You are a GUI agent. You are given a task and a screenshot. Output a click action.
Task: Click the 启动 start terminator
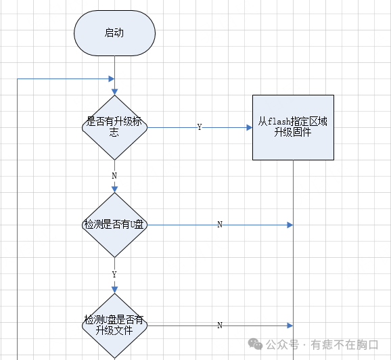[114, 32]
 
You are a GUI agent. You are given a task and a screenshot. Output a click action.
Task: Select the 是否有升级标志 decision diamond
[114, 127]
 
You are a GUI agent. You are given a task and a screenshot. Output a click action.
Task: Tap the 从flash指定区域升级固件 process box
[293, 127]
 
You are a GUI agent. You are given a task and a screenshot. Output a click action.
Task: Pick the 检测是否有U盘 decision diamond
[114, 225]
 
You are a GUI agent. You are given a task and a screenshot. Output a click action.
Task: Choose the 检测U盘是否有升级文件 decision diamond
[114, 325]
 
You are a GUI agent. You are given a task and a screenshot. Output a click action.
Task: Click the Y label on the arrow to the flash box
[199, 127]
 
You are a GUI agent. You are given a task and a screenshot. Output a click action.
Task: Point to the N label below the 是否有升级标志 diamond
[114, 175]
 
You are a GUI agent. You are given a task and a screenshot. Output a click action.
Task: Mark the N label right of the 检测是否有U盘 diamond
[219, 225]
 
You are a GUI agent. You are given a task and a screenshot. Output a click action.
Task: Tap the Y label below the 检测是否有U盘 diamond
[114, 275]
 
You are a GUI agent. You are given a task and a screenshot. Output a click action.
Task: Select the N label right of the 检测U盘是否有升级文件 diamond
[219, 325]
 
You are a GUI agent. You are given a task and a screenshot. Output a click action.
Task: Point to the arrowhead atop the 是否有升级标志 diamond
[114, 91]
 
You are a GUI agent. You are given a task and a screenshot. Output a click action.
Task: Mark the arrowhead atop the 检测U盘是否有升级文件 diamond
[114, 290]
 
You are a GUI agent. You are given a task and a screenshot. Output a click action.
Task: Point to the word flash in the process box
[279, 122]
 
